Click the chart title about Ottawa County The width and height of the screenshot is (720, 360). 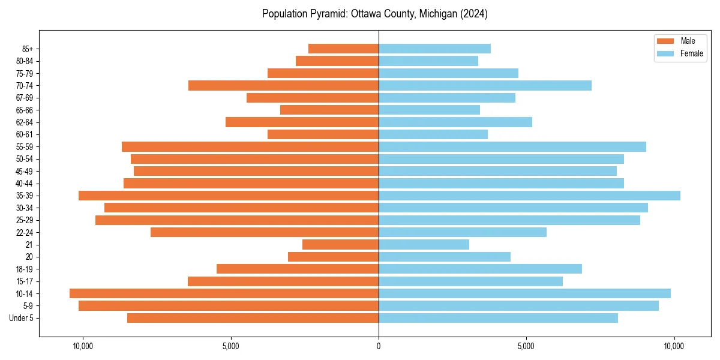374,14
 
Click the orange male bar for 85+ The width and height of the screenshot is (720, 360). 343,49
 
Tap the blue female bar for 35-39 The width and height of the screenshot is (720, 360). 529,196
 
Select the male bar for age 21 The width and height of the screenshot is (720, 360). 340,244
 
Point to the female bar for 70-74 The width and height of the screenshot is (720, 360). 485,85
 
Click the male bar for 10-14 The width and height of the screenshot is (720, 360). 224,293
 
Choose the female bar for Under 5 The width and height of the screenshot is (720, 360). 498,318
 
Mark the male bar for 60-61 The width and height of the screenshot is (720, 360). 323,134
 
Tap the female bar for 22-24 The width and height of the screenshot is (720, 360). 462,232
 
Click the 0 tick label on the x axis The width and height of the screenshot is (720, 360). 379,346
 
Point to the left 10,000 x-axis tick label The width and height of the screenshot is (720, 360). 82,346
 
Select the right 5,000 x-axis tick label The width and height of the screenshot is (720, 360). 526,346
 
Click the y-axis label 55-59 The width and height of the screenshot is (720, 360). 25,146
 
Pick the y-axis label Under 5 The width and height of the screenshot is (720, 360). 22,318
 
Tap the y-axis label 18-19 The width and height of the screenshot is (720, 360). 25,269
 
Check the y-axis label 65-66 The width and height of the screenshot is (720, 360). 25,110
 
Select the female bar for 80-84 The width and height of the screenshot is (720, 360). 428,61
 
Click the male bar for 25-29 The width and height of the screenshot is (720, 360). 237,220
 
